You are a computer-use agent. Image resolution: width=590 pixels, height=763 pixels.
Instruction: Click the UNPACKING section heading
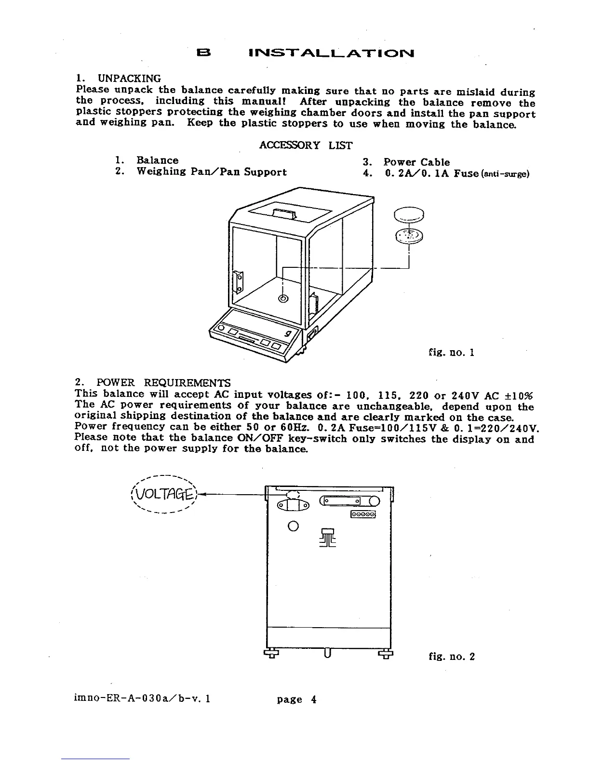click(x=130, y=78)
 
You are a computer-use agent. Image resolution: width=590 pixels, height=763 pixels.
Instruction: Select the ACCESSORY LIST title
click(x=306, y=145)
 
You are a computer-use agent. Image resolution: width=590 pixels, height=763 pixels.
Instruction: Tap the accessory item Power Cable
click(x=416, y=162)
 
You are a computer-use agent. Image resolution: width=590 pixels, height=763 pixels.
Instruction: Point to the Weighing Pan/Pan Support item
click(x=212, y=172)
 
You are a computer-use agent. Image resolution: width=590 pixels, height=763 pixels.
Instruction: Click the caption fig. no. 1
click(x=452, y=353)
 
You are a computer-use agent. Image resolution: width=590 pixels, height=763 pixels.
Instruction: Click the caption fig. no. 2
click(x=452, y=656)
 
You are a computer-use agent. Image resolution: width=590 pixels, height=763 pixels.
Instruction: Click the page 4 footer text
click(x=296, y=699)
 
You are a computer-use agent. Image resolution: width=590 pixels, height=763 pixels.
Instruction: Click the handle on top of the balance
click(x=283, y=214)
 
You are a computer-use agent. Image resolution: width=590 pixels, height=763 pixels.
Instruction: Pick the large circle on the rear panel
click(x=293, y=526)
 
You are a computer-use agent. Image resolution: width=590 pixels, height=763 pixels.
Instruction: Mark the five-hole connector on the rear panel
click(x=363, y=514)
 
